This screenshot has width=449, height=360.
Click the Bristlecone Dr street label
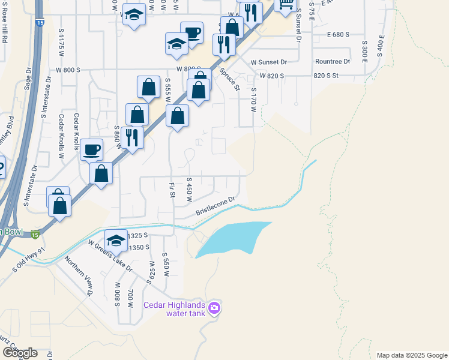tap(214, 208)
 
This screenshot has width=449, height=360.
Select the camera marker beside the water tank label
tap(215, 310)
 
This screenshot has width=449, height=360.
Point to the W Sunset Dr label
tap(270, 62)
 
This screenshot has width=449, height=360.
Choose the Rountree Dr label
tap(332, 61)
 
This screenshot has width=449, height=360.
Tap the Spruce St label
tap(231, 80)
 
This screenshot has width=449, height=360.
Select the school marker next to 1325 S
tap(116, 240)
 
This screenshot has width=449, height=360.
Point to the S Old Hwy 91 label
tap(28, 259)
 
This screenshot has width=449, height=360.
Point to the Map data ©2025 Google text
tap(411, 355)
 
